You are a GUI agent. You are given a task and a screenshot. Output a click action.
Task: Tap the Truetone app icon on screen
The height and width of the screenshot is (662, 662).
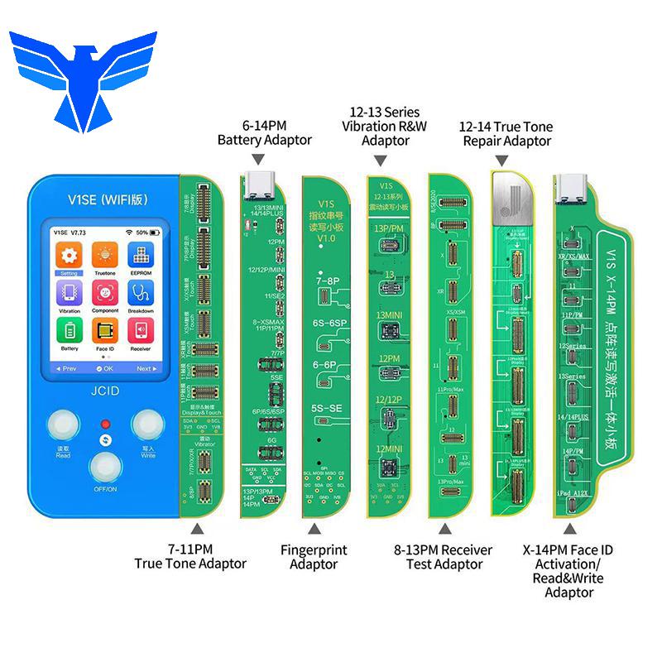105,255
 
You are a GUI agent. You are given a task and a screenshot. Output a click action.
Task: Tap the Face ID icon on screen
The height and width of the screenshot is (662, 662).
105,332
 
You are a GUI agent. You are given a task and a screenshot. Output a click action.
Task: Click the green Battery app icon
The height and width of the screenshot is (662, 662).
70,332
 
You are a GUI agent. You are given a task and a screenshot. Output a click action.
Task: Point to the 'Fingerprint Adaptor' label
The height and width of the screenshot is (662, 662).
313,557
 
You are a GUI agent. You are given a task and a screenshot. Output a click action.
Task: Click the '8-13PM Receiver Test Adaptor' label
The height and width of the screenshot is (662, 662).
443,557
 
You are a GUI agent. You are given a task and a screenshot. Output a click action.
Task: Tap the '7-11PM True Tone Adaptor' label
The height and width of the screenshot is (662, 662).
190,556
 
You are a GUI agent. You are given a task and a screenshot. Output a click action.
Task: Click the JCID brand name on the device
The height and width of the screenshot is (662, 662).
105,386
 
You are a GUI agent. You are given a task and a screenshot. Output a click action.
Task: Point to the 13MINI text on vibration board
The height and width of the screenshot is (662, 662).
391,314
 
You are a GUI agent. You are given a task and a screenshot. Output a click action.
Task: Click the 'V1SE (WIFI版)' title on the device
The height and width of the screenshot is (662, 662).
103,199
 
